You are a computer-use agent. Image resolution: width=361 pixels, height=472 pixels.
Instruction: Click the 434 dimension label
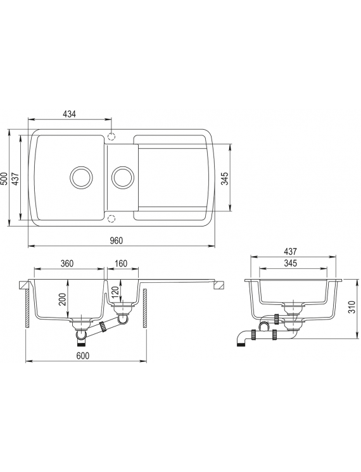click(69, 114)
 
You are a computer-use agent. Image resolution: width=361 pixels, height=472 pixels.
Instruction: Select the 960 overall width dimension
click(117, 240)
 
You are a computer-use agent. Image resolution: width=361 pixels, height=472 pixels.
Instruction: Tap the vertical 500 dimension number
click(4, 179)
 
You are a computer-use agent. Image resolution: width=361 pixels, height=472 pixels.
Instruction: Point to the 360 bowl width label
click(67, 263)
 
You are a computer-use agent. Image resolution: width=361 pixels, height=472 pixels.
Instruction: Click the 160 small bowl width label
click(121, 263)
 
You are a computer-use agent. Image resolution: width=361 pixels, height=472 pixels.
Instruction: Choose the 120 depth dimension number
click(115, 291)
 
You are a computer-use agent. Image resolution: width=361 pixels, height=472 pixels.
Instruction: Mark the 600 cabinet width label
click(82, 356)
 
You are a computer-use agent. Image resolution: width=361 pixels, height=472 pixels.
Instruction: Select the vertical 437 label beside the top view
click(16, 179)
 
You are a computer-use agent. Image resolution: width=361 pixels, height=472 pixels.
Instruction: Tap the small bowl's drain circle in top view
click(122, 177)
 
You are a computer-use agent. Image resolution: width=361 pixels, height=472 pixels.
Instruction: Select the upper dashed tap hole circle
click(111, 137)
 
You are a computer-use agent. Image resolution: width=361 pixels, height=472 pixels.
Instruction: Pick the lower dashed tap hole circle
click(111, 218)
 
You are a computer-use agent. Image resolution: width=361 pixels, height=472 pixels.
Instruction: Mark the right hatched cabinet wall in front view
click(145, 309)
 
